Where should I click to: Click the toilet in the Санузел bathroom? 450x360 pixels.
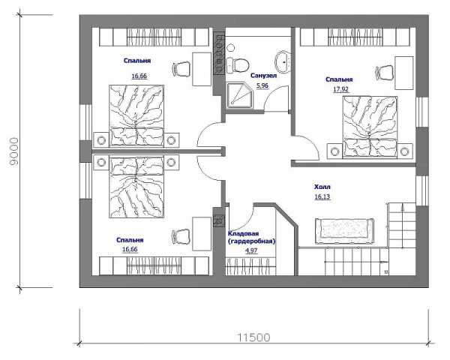[x=237, y=65]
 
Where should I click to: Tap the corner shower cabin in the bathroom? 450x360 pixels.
[x=239, y=95]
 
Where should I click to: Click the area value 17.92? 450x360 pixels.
[x=340, y=89]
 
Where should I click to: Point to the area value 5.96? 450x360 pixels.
[x=262, y=85]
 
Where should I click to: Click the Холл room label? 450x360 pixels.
[x=322, y=187]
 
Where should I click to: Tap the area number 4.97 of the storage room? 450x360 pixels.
[x=251, y=250]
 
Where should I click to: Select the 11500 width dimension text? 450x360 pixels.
[x=253, y=337]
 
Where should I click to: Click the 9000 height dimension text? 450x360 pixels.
[x=14, y=151]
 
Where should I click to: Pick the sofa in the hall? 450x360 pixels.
[x=344, y=231]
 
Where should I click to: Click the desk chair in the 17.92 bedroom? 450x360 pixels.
[x=384, y=73]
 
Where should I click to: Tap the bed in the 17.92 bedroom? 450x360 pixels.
[x=370, y=127]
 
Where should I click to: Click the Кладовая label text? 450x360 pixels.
[x=244, y=234]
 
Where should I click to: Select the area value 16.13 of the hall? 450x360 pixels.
[x=322, y=196]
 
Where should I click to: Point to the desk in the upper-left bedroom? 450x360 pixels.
[x=202, y=69]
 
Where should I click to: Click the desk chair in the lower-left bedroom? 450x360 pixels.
[x=181, y=236]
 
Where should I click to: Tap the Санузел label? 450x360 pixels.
[x=263, y=76]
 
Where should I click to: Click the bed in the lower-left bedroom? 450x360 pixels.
[x=136, y=187]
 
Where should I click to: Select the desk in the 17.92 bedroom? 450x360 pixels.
[x=404, y=73]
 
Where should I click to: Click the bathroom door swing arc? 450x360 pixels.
[x=271, y=94]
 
